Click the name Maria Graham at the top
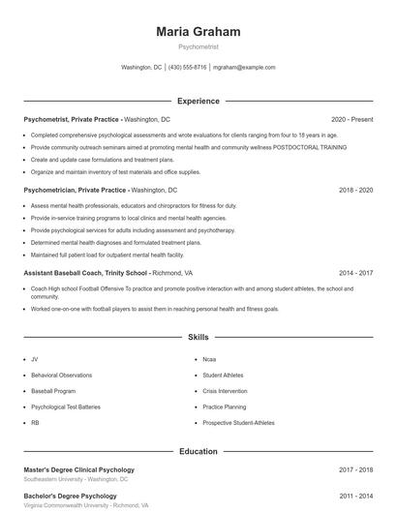[198, 32]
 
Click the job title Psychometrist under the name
[198, 46]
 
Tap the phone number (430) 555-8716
[188, 68]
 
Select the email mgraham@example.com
[245, 68]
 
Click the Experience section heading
[198, 101]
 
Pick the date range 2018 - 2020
[355, 191]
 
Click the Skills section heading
[198, 338]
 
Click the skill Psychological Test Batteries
[66, 407]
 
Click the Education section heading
[198, 451]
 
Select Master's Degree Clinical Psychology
[79, 469]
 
